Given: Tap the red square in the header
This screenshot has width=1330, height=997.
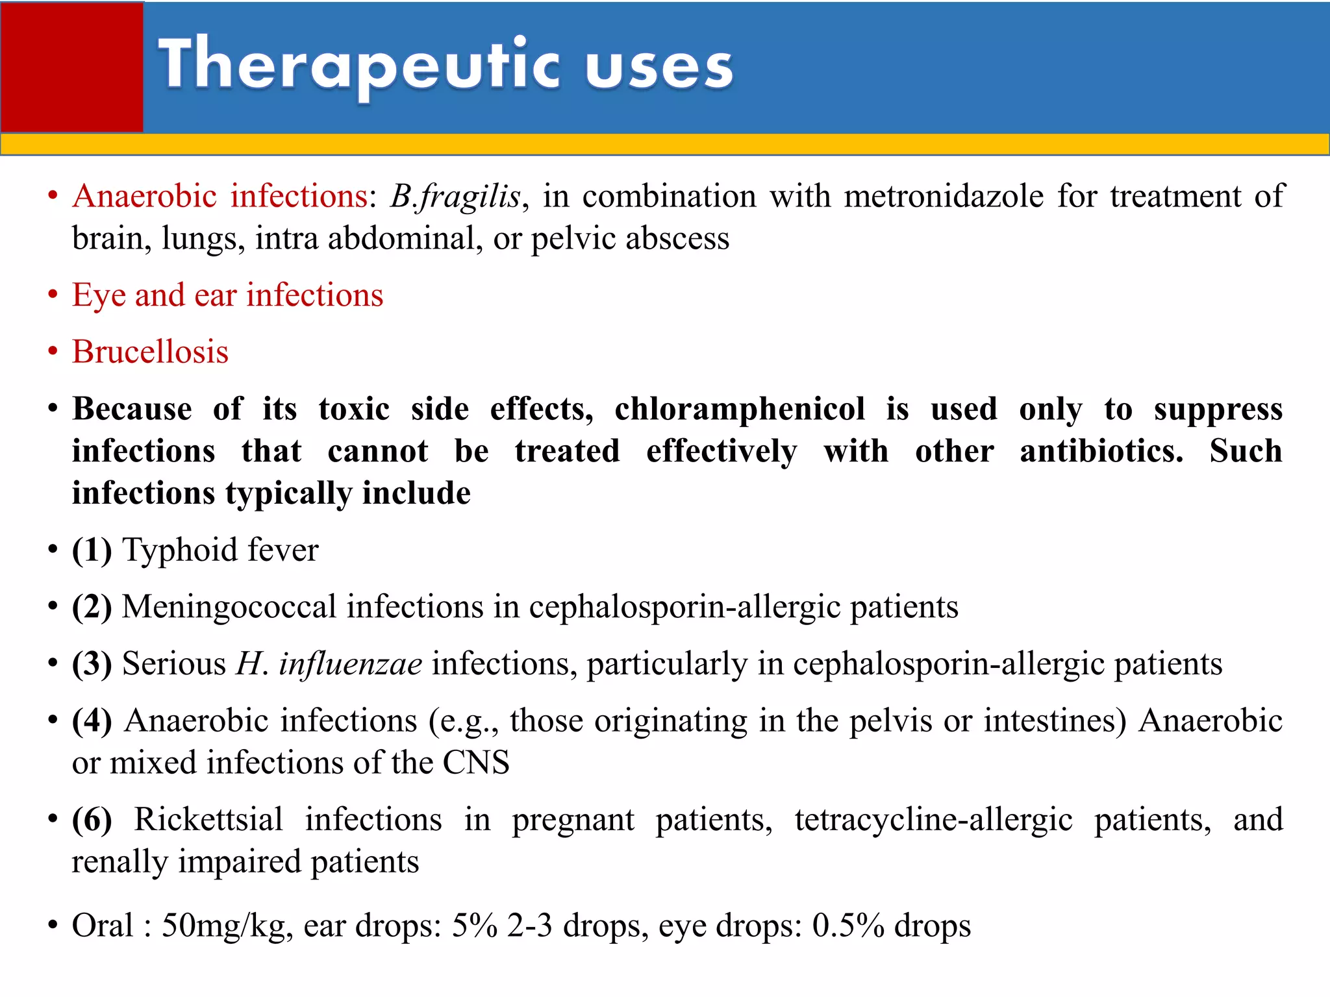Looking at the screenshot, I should [71, 67].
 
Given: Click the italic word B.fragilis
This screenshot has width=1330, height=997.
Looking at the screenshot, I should [455, 196].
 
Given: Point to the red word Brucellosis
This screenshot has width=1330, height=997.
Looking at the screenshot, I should [150, 352].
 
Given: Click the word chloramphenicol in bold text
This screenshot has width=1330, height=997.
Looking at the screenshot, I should [740, 409].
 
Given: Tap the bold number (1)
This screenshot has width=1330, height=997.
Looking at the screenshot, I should [92, 550].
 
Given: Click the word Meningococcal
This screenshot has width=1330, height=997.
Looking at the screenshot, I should [229, 607].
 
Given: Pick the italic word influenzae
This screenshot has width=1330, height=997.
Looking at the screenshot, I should [351, 663].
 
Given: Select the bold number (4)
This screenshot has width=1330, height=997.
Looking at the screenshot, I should [92, 720].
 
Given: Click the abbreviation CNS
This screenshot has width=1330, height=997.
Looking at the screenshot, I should [476, 763].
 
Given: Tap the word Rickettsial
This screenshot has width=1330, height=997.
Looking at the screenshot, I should [208, 819].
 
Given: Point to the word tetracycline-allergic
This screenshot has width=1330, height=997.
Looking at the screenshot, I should [933, 819].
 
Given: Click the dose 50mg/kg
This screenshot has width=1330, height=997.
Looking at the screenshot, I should [223, 926].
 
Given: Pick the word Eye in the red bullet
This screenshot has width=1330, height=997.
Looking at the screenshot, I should [99, 295].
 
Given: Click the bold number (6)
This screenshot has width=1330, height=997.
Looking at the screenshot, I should [92, 819].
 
